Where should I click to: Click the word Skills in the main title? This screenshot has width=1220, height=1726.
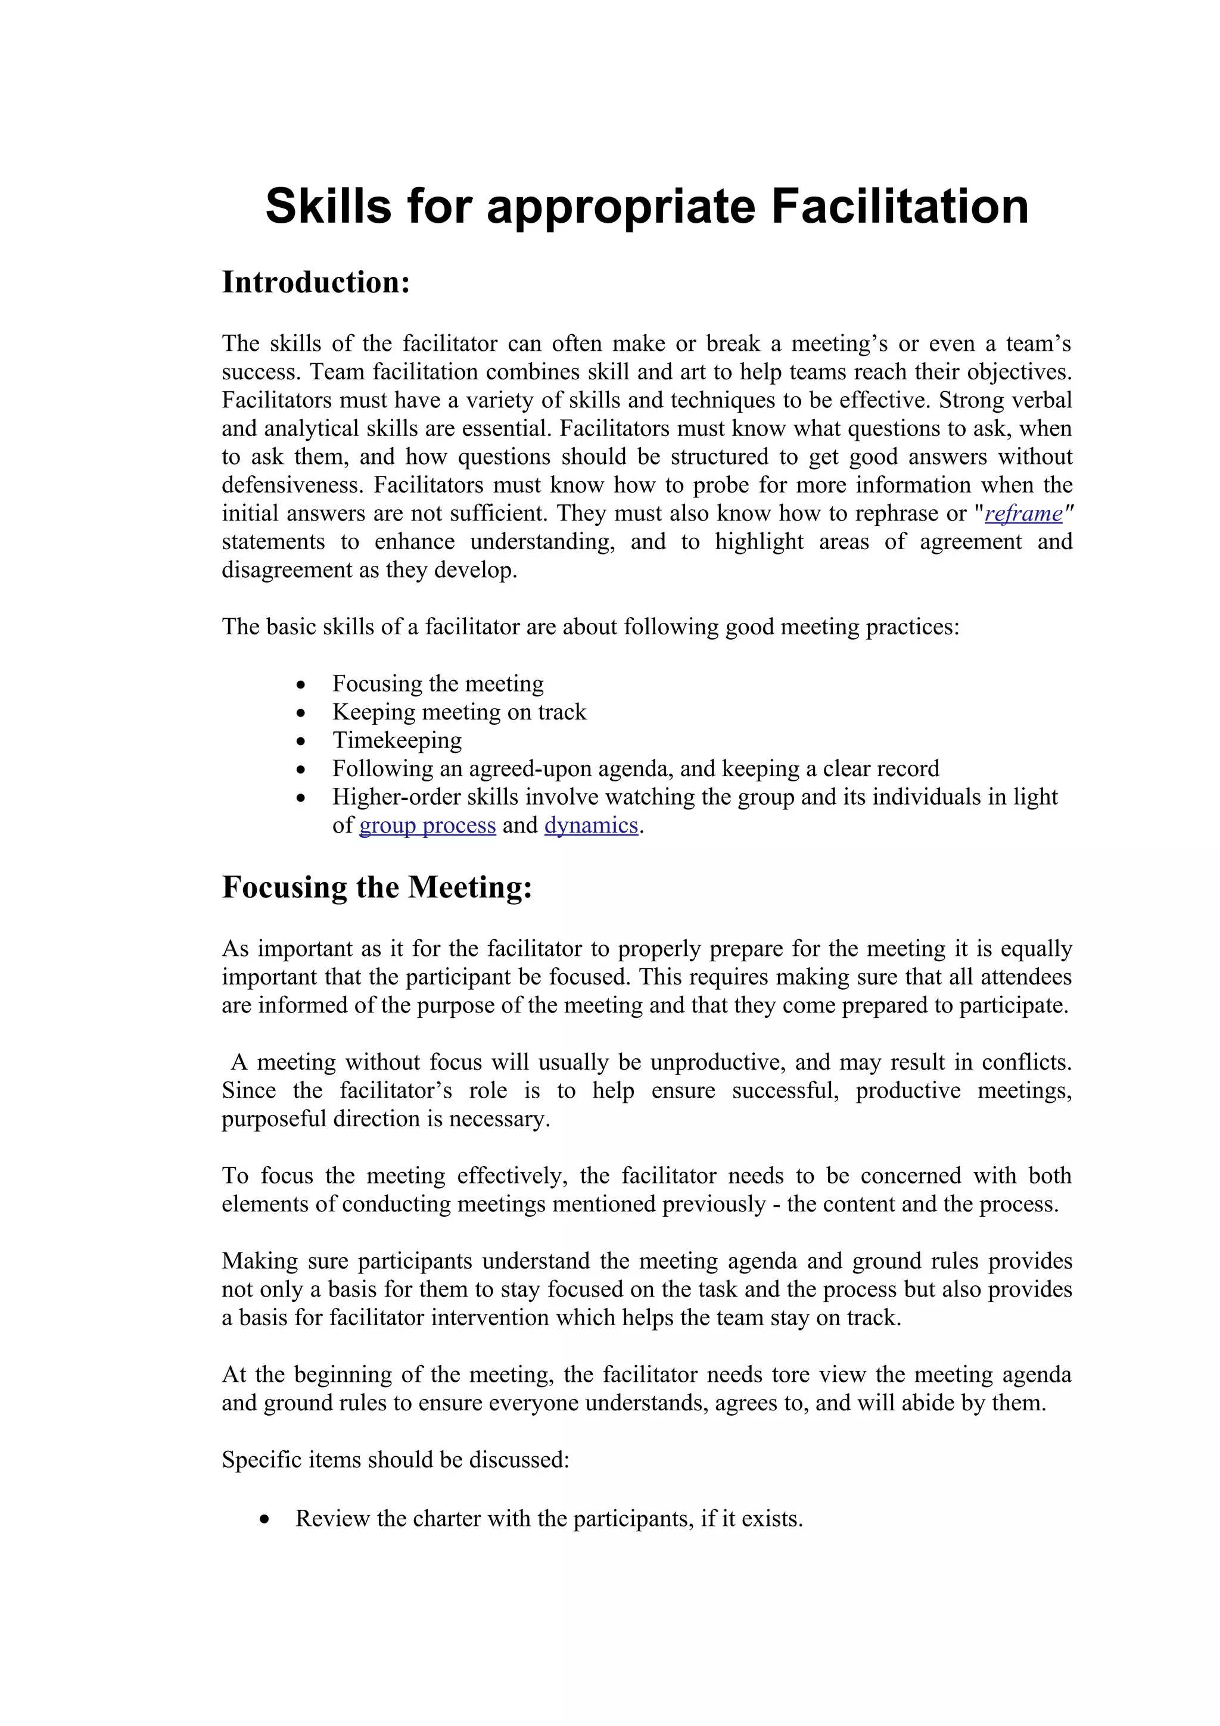(x=328, y=207)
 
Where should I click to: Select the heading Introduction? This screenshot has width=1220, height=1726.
(x=316, y=283)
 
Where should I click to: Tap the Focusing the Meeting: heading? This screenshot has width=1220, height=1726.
(x=376, y=887)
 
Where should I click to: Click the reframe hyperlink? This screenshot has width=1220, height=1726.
(x=1023, y=513)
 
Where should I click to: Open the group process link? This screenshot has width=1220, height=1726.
(x=427, y=825)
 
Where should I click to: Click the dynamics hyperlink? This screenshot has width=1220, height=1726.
(x=591, y=825)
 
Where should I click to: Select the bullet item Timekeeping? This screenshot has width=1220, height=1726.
(x=397, y=740)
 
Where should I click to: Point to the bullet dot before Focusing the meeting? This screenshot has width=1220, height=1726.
(x=301, y=685)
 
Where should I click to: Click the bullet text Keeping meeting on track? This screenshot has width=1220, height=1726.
(x=459, y=712)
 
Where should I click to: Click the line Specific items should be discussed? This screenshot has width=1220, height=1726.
(x=396, y=1460)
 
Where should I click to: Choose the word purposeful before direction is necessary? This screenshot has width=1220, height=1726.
(x=275, y=1119)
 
